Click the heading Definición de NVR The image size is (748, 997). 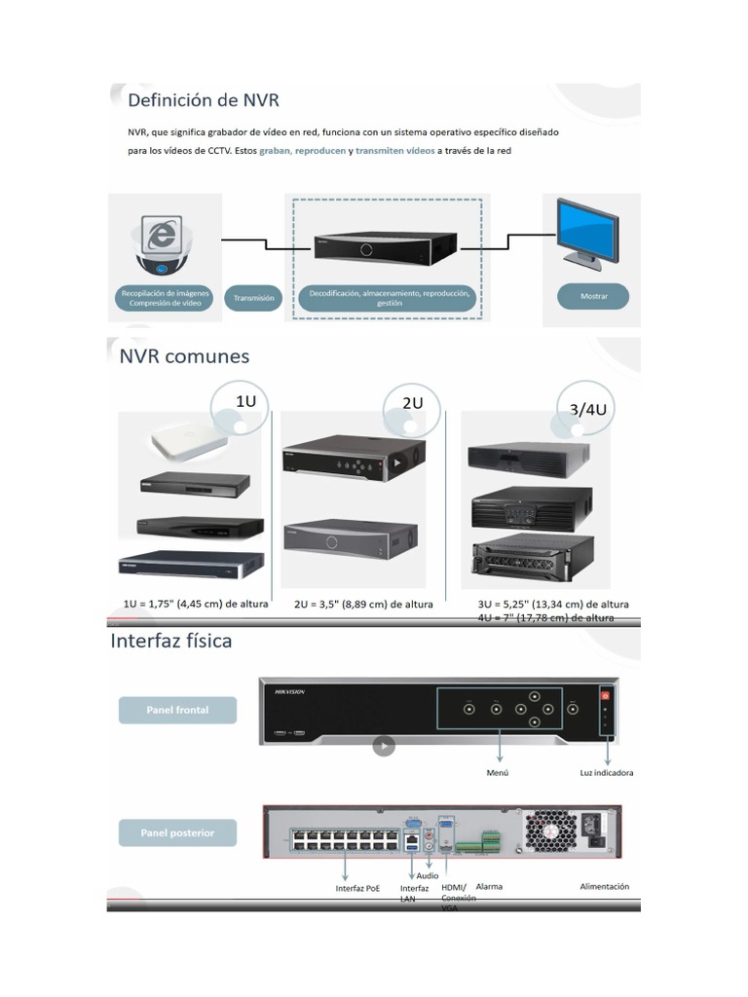click(204, 99)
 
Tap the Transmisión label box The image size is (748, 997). click(254, 298)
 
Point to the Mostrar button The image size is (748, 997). click(592, 297)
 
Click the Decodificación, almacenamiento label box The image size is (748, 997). click(389, 297)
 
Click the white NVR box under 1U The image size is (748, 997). click(188, 444)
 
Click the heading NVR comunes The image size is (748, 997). click(184, 356)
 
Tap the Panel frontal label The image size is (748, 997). click(177, 710)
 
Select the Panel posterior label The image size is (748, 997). click(177, 832)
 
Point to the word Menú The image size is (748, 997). click(498, 773)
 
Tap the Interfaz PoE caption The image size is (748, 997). click(357, 888)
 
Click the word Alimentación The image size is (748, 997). click(604, 887)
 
